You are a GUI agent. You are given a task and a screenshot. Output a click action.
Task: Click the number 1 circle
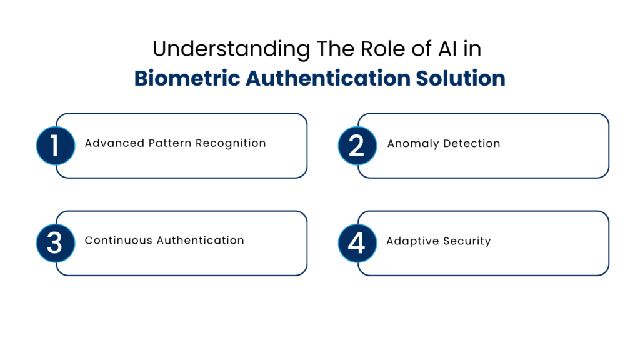pos(55,146)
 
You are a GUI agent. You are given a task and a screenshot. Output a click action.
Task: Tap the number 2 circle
pos(357,146)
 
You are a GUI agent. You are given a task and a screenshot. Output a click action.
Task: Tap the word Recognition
pos(231,143)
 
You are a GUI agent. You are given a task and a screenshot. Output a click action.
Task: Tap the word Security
pos(465,241)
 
